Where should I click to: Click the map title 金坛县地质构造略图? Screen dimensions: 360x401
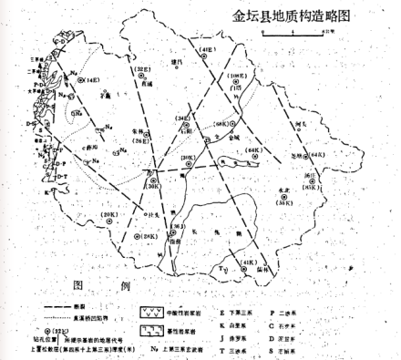(299, 16)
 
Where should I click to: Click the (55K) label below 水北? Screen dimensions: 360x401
(284, 203)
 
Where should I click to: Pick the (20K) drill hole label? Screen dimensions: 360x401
(109, 215)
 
